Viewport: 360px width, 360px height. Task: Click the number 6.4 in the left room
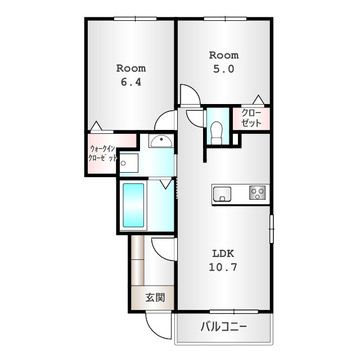point(130,82)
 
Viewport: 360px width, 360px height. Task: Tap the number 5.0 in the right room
point(223,69)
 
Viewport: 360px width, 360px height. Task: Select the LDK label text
point(223,253)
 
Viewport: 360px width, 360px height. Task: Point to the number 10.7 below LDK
point(223,267)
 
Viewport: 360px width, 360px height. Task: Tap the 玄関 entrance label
point(155,298)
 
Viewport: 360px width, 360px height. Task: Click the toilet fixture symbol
point(216,131)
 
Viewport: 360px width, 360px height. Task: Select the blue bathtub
point(134,205)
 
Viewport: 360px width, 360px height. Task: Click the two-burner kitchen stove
point(258,193)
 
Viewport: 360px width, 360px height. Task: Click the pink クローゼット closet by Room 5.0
point(251,118)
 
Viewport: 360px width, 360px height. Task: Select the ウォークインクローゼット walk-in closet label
point(102,154)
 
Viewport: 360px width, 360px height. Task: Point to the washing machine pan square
point(129,163)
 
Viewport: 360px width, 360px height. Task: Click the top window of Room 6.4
point(136,19)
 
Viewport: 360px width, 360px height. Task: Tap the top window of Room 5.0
point(226,19)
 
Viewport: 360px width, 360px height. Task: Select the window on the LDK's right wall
point(271,228)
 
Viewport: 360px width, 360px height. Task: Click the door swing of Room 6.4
point(166,120)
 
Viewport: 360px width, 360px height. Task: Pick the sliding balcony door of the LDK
point(233,311)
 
